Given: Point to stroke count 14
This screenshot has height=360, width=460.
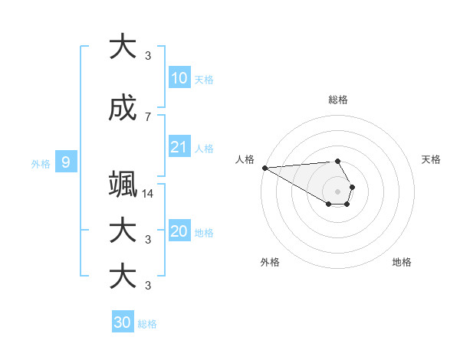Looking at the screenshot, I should tap(148, 194).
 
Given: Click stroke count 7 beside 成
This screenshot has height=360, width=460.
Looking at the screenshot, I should tap(148, 116).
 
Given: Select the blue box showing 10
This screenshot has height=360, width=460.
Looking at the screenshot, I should tap(179, 78).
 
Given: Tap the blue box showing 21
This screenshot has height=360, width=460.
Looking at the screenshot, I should tap(179, 147).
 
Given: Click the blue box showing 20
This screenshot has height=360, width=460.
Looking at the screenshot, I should tap(179, 231).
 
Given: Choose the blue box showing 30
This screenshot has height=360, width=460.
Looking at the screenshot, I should tap(123, 322).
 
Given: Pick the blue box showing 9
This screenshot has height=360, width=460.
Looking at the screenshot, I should tap(67, 162).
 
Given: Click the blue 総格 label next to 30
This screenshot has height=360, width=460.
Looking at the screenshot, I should tap(147, 324).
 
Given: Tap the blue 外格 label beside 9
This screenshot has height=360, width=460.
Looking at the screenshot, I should tap(40, 163).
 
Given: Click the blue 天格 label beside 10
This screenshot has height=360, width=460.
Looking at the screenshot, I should tap(204, 80).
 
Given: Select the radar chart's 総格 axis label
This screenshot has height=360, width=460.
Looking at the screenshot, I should tap(338, 100).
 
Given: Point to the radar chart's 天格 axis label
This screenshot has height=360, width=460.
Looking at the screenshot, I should tap(432, 159).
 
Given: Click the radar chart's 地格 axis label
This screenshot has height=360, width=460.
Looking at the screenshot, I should tap(402, 262).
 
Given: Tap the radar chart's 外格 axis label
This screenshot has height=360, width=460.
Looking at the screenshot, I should tap(270, 262).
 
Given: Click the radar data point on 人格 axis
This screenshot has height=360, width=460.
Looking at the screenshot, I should tap(264, 168).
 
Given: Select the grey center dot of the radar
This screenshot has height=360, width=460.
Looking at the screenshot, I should tap(338, 191).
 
